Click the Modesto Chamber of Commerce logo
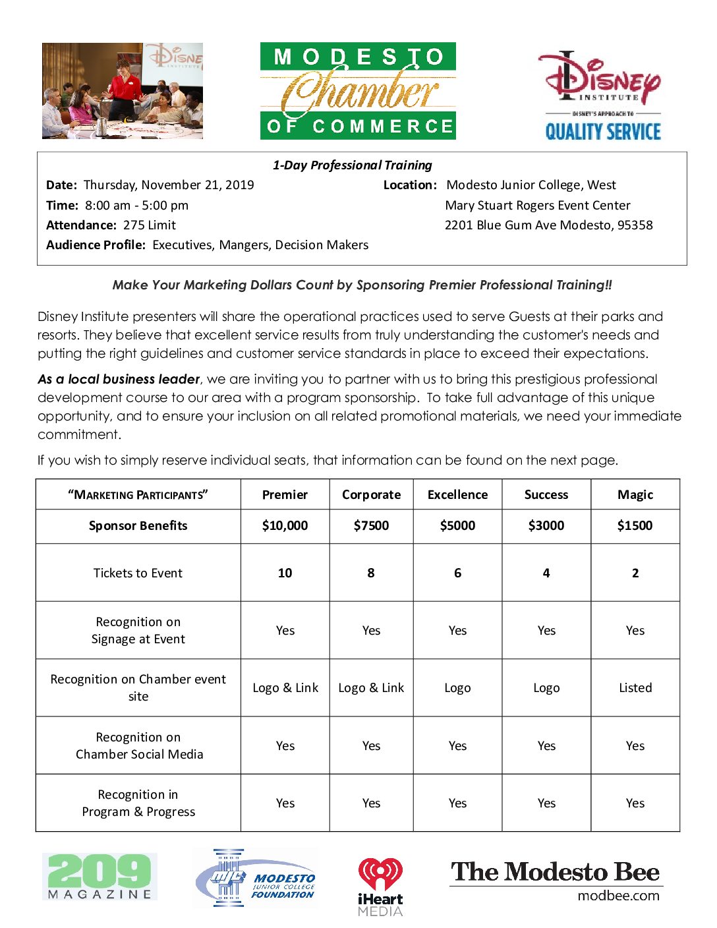tap(358, 90)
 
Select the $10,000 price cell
tap(285, 526)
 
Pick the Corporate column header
tap(371, 495)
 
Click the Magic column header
tap(635, 495)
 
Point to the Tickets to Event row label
tap(138, 573)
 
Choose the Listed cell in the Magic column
tap(635, 688)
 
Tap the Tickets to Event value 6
tap(457, 573)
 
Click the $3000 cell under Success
tap(546, 526)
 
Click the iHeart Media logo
tap(380, 886)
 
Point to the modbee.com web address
tap(618, 896)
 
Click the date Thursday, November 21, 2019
tap(169, 185)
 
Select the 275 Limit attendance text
tap(150, 225)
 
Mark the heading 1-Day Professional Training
tap(353, 165)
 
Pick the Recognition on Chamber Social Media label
tap(139, 745)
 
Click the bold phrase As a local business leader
tap(119, 380)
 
